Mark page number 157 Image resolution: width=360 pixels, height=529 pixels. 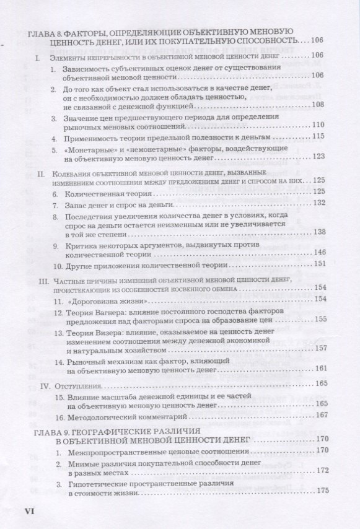pyautogui.click(x=320, y=349)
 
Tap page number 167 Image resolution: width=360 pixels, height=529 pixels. pyautogui.click(x=320, y=414)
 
